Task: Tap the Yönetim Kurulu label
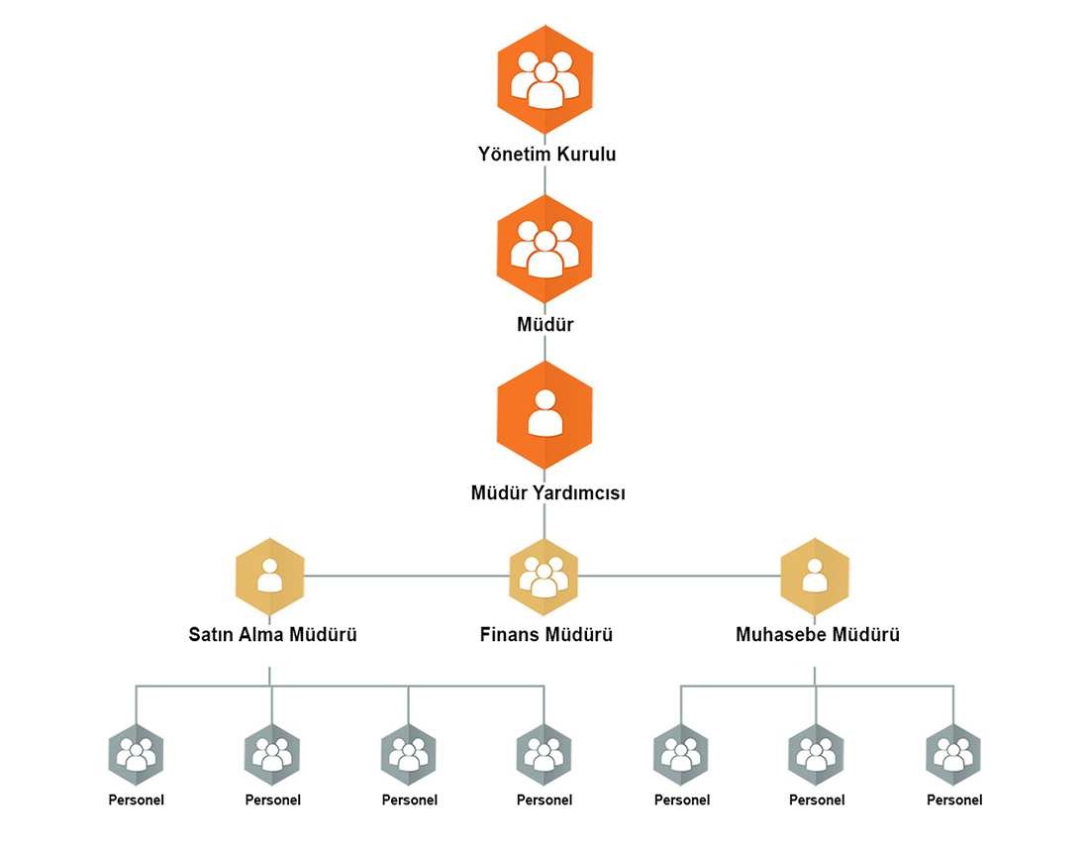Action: (546, 155)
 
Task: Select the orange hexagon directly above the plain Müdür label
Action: (544, 248)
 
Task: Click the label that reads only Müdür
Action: (544, 324)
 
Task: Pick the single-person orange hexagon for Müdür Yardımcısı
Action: (544, 415)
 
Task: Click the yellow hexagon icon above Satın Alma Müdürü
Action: (270, 574)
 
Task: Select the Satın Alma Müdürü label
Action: (272, 634)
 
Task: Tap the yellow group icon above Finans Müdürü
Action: (544, 575)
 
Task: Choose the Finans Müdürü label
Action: (545, 634)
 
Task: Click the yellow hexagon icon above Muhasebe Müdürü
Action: (814, 574)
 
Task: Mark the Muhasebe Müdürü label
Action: (818, 634)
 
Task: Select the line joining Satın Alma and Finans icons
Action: (406, 575)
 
